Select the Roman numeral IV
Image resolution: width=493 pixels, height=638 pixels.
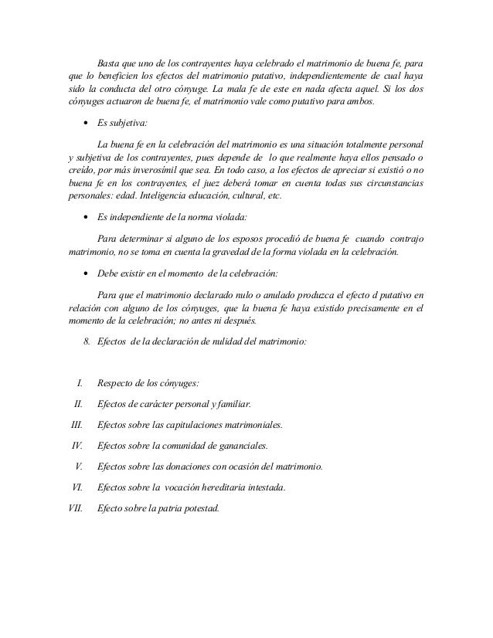pos(77,446)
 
